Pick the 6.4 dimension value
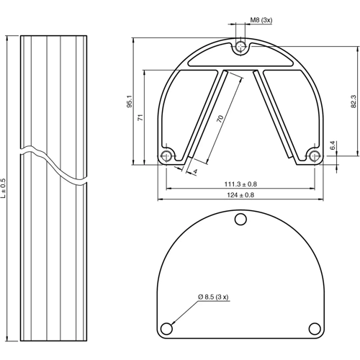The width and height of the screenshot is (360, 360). click(x=332, y=146)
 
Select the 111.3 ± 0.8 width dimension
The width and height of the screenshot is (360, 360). click(x=240, y=184)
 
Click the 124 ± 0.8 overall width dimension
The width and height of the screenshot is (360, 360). click(x=240, y=195)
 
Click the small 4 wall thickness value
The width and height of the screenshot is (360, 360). click(x=195, y=171)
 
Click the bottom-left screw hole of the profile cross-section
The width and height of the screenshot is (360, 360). click(x=167, y=155)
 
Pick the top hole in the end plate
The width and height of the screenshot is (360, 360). click(x=240, y=219)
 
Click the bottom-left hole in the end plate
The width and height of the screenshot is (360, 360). click(x=167, y=328)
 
